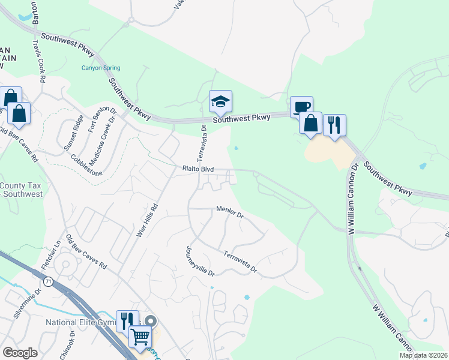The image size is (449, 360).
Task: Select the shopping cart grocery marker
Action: (140, 338)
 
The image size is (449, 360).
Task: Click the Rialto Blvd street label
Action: (198, 170)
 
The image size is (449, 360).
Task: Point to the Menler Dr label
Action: (230, 211)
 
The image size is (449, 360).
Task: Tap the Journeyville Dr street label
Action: (200, 262)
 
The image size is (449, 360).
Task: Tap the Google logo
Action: (20, 353)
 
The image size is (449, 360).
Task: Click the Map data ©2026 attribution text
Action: (423, 355)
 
